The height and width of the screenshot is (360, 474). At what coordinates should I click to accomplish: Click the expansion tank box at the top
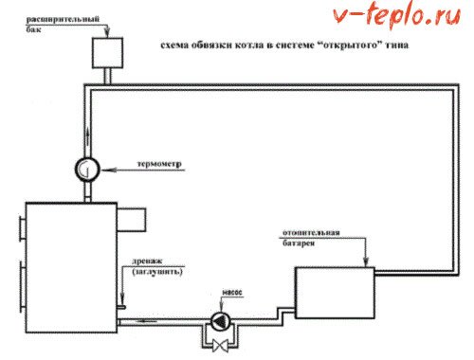(110, 49)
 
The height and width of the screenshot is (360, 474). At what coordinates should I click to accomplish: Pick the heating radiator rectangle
(336, 290)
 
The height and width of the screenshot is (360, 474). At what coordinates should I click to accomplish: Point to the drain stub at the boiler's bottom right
(123, 308)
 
